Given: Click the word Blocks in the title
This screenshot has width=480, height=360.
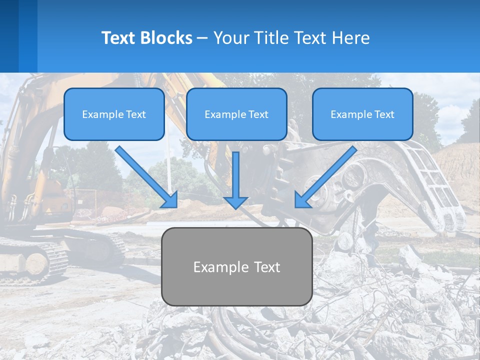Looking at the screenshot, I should tap(165, 38).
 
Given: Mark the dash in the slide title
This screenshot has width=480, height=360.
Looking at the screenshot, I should tap(202, 38).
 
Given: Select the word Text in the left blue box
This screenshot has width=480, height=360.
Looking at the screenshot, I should tap(136, 114).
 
